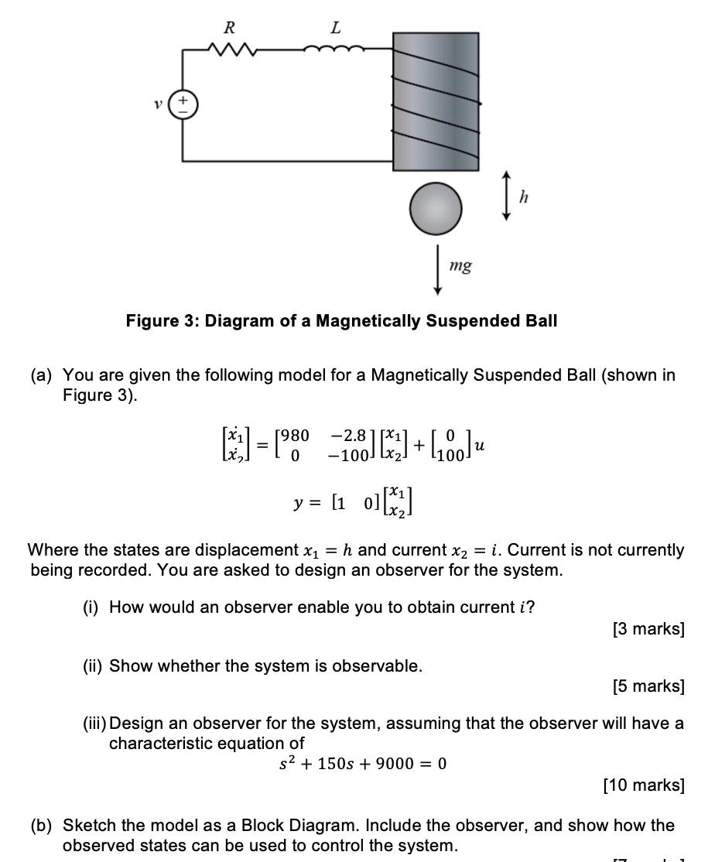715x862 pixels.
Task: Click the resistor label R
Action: [229, 28]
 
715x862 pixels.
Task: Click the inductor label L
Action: [335, 28]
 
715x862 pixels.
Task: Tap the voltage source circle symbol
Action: [183, 104]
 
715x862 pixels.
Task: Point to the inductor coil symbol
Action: [334, 50]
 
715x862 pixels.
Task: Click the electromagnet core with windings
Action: [436, 101]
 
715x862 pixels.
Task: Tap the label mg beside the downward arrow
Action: [460, 266]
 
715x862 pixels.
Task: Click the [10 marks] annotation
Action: [644, 785]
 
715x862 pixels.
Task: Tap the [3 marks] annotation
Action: [648, 629]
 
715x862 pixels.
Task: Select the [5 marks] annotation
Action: [648, 686]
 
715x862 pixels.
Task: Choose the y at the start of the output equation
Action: [298, 503]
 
